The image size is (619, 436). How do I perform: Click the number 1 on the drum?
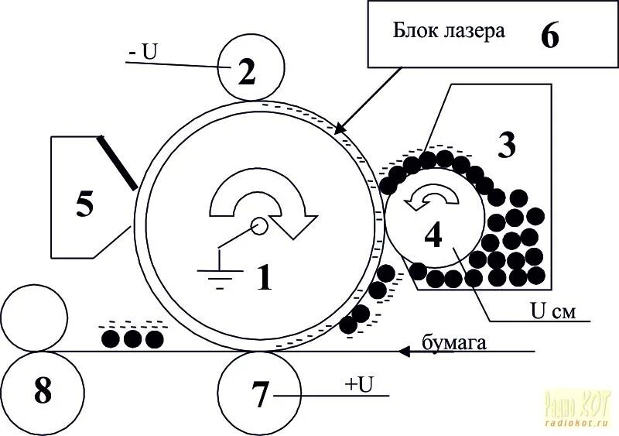(x=265, y=276)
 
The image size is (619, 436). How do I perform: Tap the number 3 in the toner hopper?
(x=506, y=146)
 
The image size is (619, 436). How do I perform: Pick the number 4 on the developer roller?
(x=433, y=234)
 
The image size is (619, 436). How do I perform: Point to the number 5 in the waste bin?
(x=84, y=204)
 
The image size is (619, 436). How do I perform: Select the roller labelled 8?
(x=43, y=392)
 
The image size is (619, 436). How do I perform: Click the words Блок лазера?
(x=449, y=32)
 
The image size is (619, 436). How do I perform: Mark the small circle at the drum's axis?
(x=258, y=225)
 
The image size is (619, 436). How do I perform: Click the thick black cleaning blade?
(x=118, y=163)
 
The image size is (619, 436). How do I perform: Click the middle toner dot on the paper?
(x=133, y=338)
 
